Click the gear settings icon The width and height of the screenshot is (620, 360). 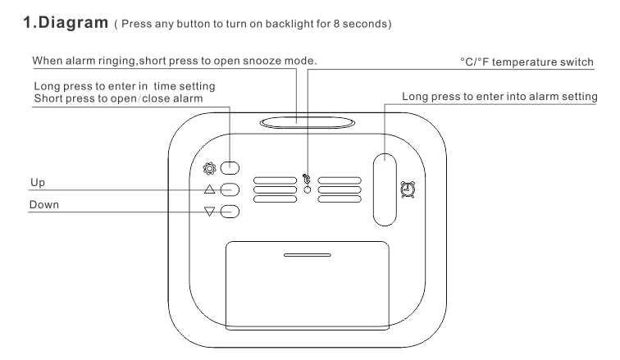[x=209, y=169]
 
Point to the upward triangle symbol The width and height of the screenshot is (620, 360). [x=210, y=190]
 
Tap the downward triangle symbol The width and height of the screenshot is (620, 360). [x=210, y=212]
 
